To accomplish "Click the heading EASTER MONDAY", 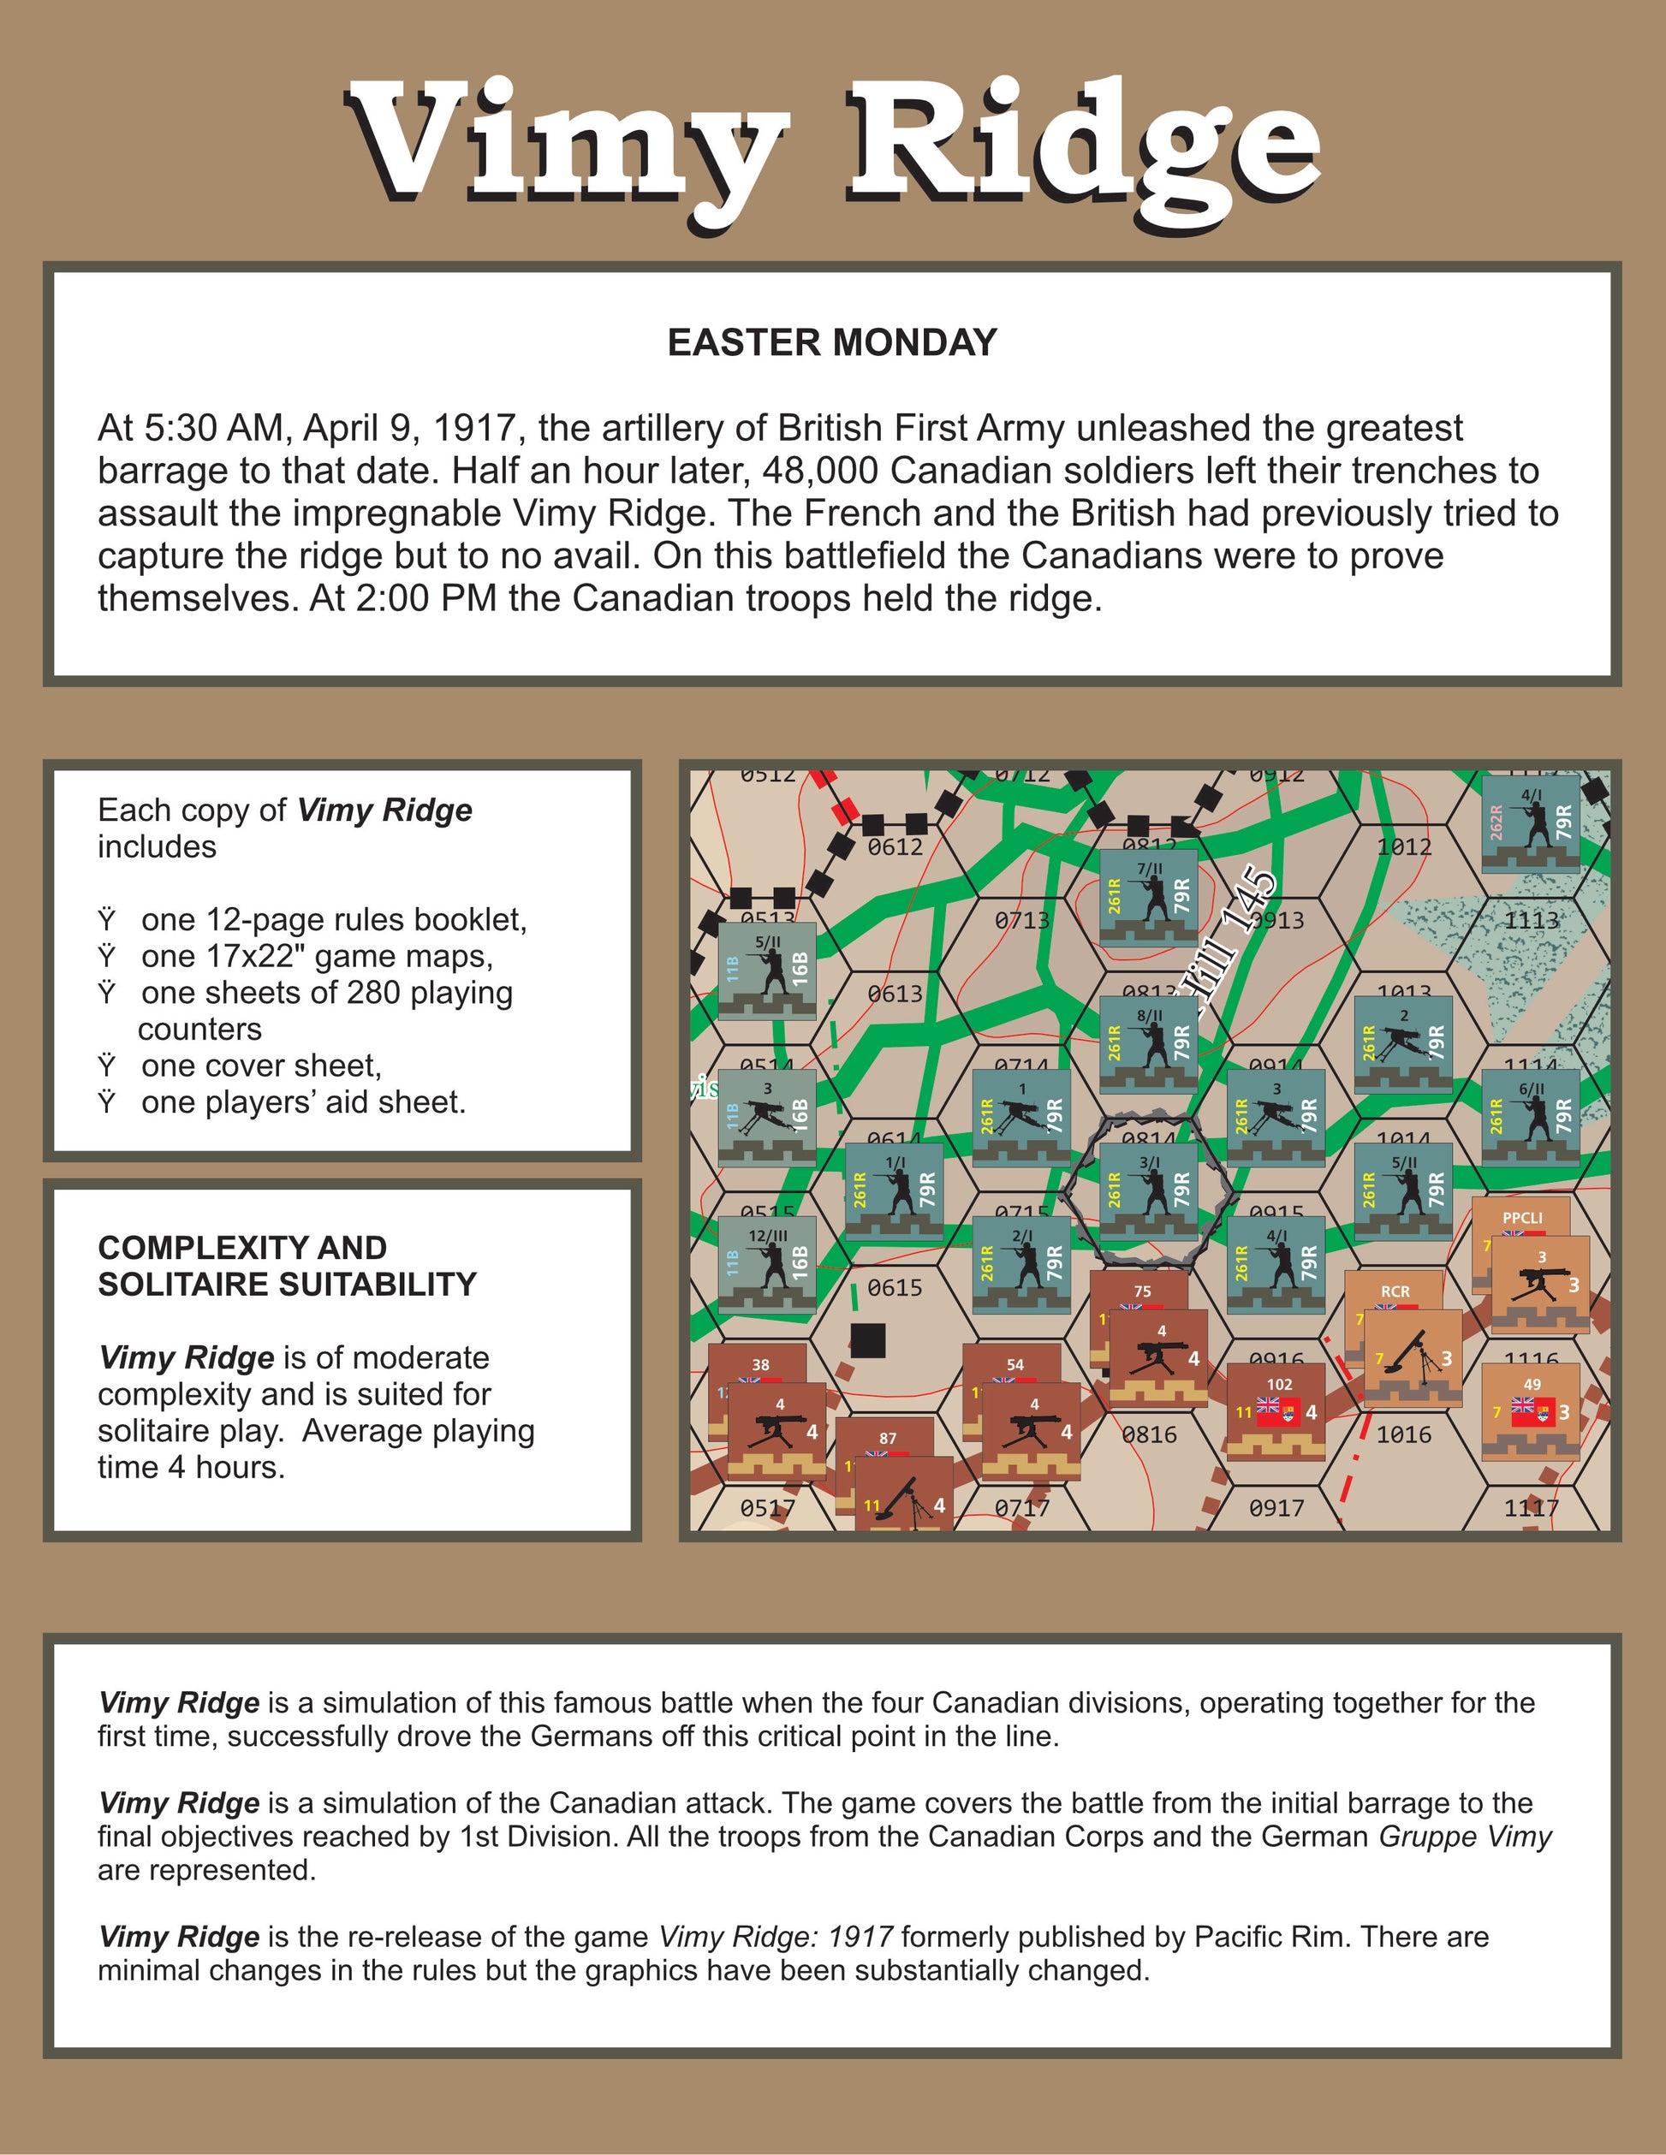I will click(x=832, y=342).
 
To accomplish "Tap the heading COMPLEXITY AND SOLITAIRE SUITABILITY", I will click(x=286, y=1266).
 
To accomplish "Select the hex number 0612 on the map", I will click(x=895, y=846).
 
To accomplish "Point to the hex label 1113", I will click(x=1531, y=921).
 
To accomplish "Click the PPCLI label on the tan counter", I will click(x=1522, y=1219).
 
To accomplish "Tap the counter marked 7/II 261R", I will click(x=1149, y=897).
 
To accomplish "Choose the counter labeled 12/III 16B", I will click(x=767, y=1265).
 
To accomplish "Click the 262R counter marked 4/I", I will click(x=1531, y=823).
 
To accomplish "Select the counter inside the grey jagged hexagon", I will click(x=1149, y=1191).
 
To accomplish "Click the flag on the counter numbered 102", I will click(x=1279, y=1411).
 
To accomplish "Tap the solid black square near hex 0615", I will click(x=867, y=1341).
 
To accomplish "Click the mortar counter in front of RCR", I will click(x=1413, y=1357).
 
